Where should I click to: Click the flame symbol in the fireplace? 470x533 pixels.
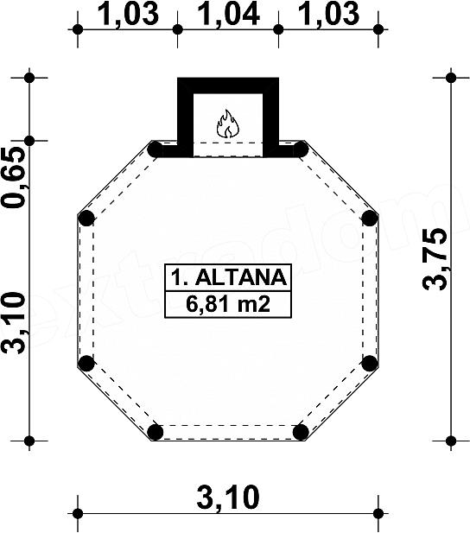coord(227,124)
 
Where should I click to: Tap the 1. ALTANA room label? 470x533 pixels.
coord(228,277)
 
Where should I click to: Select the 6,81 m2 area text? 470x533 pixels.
coord(228,304)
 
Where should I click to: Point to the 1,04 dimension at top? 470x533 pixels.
coord(229,14)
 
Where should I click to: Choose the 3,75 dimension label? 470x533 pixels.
coord(435,259)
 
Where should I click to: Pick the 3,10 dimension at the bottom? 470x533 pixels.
coord(228,498)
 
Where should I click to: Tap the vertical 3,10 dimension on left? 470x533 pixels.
coord(15,323)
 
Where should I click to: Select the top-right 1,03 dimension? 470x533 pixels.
coord(328,14)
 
